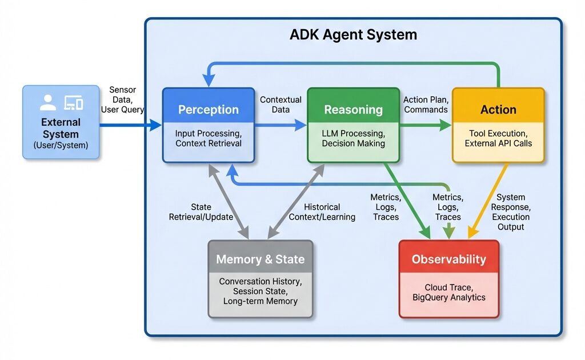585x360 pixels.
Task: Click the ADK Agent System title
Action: (353, 35)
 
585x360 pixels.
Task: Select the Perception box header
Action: (209, 110)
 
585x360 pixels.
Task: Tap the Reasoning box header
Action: (353, 110)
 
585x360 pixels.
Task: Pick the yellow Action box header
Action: (498, 110)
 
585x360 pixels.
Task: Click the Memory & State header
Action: (260, 259)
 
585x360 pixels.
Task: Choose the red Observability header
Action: (448, 259)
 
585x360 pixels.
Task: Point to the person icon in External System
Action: (48, 103)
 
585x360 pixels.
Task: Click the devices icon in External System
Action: (74, 103)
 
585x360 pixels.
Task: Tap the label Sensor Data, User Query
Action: (122, 99)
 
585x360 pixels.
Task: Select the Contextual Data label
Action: (281, 105)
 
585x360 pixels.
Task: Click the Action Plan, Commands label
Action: (426, 105)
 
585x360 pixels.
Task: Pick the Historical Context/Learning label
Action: (322, 211)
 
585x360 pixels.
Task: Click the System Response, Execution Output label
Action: (511, 212)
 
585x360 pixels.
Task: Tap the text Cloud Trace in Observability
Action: (448, 287)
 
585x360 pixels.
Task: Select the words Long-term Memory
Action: (260, 301)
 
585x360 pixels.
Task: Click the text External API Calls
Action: (498, 143)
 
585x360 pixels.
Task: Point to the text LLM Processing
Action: (353, 133)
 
